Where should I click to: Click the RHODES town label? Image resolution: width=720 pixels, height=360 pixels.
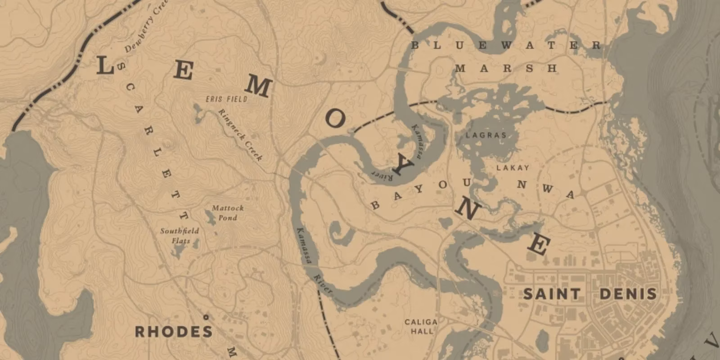coord(174,332)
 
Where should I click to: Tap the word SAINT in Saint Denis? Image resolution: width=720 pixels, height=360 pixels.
coord(552,294)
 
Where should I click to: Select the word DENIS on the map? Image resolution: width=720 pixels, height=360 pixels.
coord(628,294)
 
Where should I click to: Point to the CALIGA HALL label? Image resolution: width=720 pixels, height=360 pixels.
coord(420,326)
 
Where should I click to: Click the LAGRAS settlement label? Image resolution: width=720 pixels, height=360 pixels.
coord(486,135)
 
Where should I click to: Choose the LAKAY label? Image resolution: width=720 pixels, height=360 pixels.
coord(513,167)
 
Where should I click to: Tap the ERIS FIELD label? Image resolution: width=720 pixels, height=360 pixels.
coord(226,99)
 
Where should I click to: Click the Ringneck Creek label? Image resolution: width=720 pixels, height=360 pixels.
coord(240,135)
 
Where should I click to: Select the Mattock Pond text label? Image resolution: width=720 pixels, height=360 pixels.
coord(228,212)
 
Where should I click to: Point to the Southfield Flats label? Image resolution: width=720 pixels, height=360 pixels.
coord(180,235)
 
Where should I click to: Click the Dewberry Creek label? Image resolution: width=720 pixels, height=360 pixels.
coord(146,27)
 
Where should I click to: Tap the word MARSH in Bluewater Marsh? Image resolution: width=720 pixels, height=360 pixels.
coord(506,69)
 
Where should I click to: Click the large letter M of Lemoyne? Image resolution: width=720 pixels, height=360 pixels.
coord(257,86)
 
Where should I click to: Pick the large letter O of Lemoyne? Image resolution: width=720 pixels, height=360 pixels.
coord(335,119)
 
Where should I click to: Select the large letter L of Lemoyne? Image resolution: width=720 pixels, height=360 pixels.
coord(104,67)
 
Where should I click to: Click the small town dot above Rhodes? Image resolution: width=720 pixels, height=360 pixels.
coord(206,317)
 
